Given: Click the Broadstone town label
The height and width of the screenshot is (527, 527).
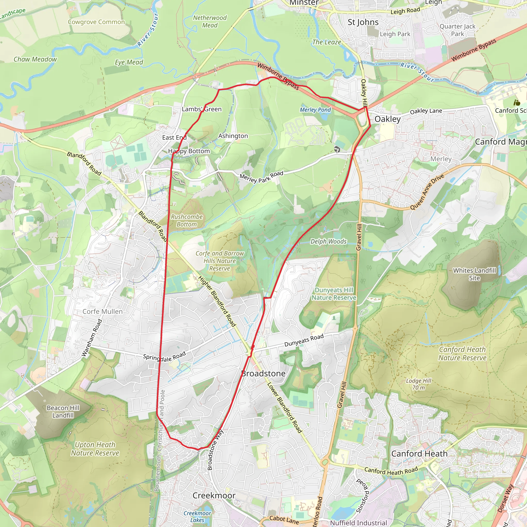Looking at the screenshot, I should pyautogui.click(x=263, y=373).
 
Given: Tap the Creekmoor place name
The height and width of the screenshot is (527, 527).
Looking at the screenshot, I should pyautogui.click(x=214, y=495).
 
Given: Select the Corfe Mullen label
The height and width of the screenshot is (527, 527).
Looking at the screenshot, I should pyautogui.click(x=103, y=312).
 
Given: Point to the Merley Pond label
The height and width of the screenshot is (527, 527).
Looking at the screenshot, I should pyautogui.click(x=315, y=110).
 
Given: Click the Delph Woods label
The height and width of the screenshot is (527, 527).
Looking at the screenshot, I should pyautogui.click(x=328, y=241).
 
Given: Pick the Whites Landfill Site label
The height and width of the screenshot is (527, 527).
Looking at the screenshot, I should pyautogui.click(x=474, y=274).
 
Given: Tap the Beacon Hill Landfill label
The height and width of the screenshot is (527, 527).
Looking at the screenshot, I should pyautogui.click(x=63, y=412).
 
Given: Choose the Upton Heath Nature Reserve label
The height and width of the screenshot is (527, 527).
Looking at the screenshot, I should pyautogui.click(x=95, y=449).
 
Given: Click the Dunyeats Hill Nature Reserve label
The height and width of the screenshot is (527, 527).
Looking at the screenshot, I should pyautogui.click(x=334, y=294).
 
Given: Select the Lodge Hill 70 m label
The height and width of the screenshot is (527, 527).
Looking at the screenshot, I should pyautogui.click(x=418, y=384).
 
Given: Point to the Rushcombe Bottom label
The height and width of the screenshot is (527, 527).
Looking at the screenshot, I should pyautogui.click(x=187, y=221).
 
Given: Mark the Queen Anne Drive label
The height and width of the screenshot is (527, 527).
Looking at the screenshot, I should pyautogui.click(x=427, y=192).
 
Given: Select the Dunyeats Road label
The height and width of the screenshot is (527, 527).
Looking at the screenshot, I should pyautogui.click(x=304, y=340).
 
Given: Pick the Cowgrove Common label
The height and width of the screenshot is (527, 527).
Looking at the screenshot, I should pyautogui.click(x=96, y=22).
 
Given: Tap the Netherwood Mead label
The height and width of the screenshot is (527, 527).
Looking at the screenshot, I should pyautogui.click(x=210, y=22).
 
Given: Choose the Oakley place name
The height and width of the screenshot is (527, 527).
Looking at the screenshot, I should pyautogui.click(x=387, y=119).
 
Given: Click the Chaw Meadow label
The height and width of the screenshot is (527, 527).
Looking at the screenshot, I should pyautogui.click(x=35, y=59).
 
